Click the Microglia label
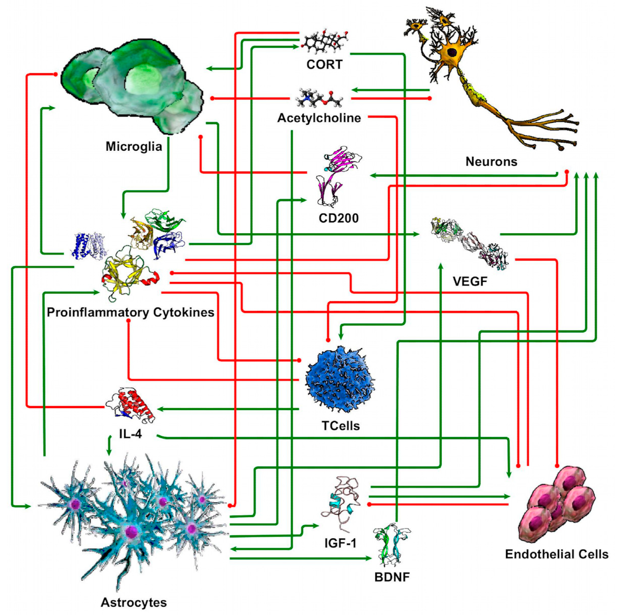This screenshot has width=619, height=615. [134, 147]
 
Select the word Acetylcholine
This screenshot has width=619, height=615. [319, 118]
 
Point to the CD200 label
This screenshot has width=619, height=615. [338, 218]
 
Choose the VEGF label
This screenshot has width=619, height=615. [470, 281]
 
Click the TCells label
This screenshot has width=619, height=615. [341, 426]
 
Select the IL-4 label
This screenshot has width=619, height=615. [130, 434]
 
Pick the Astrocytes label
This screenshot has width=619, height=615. [134, 603]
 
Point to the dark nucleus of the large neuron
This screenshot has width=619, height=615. [452, 52]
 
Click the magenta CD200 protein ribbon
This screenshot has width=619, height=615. [341, 160]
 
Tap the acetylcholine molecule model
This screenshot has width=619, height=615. [319, 98]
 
